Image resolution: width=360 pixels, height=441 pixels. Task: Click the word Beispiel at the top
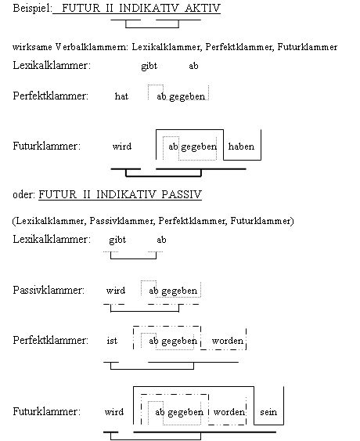click(x=32, y=8)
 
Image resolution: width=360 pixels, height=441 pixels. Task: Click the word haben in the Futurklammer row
click(x=241, y=146)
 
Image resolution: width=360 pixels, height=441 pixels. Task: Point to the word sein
click(x=268, y=412)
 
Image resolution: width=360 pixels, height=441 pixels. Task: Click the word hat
click(x=121, y=96)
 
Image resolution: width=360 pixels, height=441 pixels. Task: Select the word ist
click(x=112, y=341)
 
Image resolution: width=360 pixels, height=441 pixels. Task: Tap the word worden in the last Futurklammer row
click(x=229, y=412)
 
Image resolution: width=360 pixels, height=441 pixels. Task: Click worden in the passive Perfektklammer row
click(x=228, y=341)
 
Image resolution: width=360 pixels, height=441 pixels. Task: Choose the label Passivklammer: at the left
click(x=49, y=290)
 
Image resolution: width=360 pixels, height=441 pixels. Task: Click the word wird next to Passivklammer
click(x=116, y=291)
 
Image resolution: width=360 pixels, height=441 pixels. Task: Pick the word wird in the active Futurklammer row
click(x=121, y=146)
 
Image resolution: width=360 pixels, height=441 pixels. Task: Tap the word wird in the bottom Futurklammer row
click(x=114, y=412)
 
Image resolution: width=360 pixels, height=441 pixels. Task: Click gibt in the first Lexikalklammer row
click(x=149, y=66)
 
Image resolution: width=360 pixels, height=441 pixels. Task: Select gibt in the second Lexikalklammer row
click(x=117, y=240)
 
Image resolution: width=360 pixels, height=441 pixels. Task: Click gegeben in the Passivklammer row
click(x=179, y=291)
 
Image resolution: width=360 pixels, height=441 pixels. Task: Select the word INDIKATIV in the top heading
click(x=149, y=8)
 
